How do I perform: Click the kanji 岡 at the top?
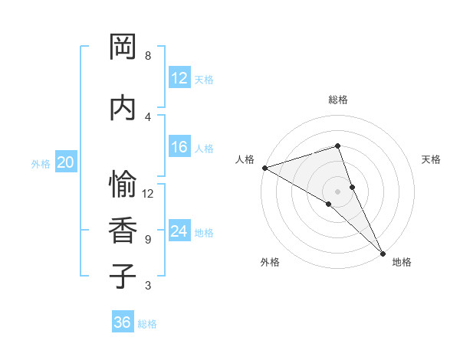[123, 47]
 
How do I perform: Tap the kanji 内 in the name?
[123, 107]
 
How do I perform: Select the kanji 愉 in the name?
[123, 185]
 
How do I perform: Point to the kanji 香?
[123, 231]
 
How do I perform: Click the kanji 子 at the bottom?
[123, 277]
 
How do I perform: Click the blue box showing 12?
[179, 78]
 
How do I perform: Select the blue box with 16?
[179, 147]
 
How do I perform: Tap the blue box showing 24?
[179, 231]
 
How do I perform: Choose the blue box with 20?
[66, 162]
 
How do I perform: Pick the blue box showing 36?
[123, 322]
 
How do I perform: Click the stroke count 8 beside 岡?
[148, 56]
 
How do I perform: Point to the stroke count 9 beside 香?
[148, 240]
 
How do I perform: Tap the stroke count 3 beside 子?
[148, 286]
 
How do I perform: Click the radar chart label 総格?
[338, 99]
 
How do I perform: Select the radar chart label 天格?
[431, 159]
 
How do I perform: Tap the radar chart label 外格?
[270, 262]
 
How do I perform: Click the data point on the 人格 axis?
[264, 168]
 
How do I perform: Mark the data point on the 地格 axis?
[383, 252]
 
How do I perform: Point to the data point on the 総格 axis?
[337, 146]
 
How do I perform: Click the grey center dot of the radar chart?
[337, 191]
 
